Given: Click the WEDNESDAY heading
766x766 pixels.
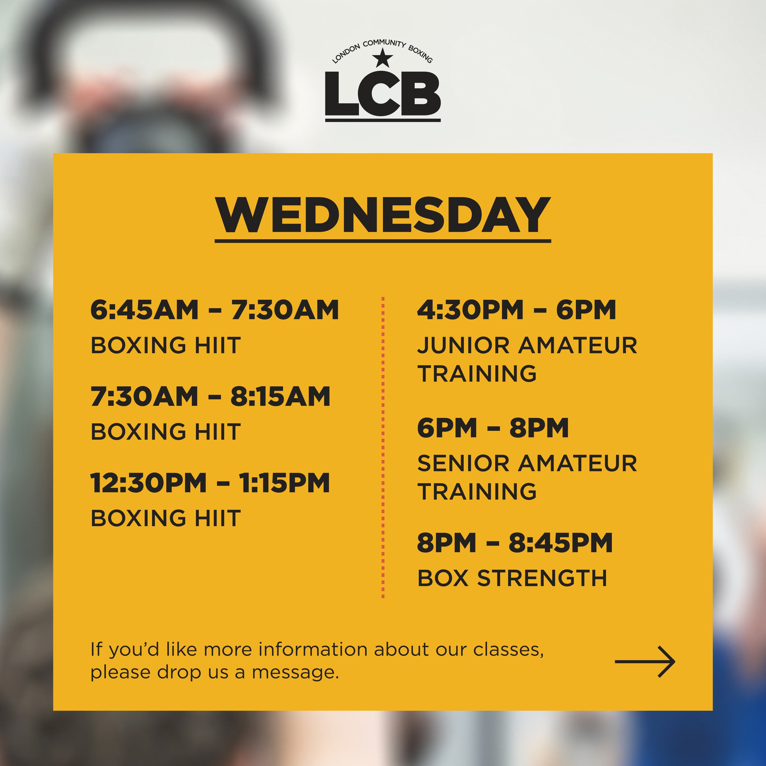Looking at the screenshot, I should [383, 216].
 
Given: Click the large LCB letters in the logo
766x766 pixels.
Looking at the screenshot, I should [383, 93].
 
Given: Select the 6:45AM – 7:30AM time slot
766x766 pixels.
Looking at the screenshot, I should [214, 310].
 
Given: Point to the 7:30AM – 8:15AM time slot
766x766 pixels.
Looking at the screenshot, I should [210, 396].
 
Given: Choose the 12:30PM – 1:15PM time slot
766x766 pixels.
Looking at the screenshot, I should [210, 483].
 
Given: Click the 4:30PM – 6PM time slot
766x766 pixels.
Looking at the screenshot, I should [517, 310].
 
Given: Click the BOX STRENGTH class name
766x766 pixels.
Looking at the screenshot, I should [512, 578].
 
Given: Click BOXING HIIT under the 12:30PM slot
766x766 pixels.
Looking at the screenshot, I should [166, 518].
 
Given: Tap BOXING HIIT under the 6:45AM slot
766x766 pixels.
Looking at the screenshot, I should [166, 345].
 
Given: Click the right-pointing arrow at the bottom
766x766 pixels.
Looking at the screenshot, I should [645, 661].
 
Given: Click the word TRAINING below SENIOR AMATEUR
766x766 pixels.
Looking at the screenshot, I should [477, 492].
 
